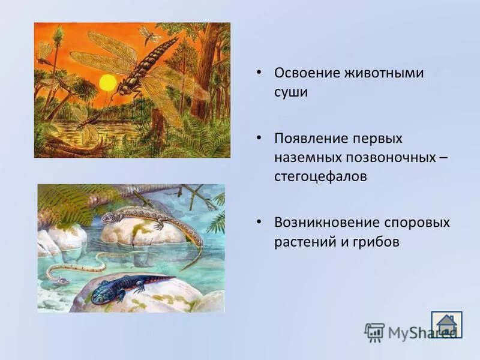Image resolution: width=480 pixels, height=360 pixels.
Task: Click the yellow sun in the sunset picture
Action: (x=107, y=83)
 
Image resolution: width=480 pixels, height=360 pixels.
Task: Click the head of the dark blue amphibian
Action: (x=100, y=294)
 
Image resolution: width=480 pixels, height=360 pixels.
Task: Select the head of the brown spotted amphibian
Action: (x=107, y=217)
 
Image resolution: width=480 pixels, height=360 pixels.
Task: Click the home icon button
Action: (x=446, y=324)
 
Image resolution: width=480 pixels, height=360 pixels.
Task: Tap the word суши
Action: (x=291, y=93)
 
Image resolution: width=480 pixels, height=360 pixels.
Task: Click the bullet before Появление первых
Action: (x=259, y=138)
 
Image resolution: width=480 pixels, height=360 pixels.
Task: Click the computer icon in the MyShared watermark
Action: (x=374, y=332)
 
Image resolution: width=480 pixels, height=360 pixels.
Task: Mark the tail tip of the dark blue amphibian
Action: (x=175, y=277)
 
